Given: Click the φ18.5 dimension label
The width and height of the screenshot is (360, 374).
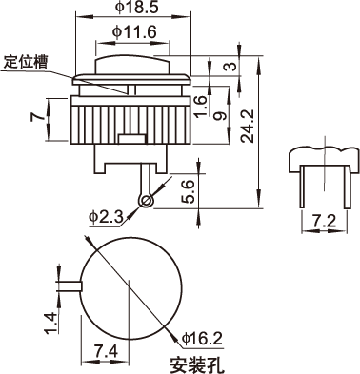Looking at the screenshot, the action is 136,7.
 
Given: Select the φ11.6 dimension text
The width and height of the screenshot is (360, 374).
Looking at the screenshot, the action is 134,31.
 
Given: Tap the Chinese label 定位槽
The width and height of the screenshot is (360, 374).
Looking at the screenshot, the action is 26,62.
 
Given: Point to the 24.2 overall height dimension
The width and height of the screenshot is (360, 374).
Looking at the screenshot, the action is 248,126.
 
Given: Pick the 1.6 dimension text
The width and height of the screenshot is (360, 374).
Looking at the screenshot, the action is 201,107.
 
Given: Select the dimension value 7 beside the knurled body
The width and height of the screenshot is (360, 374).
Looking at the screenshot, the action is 37,117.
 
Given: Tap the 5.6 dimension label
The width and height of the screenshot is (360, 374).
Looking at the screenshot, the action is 188,191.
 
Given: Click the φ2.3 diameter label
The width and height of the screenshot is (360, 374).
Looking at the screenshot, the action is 106,217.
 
